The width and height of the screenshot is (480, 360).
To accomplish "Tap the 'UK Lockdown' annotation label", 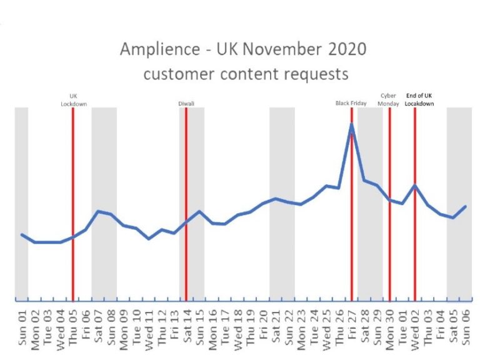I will coord(73,100).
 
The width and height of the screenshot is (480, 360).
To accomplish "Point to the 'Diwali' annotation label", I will coord(186,103).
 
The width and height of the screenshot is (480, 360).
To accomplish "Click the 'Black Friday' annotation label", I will coord(351,103).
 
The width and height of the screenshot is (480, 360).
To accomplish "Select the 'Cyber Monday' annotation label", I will coord(389,100).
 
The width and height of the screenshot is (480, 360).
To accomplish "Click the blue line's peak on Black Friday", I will coord(352,124).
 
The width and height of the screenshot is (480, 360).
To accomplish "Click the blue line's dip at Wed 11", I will coord(149,238).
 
